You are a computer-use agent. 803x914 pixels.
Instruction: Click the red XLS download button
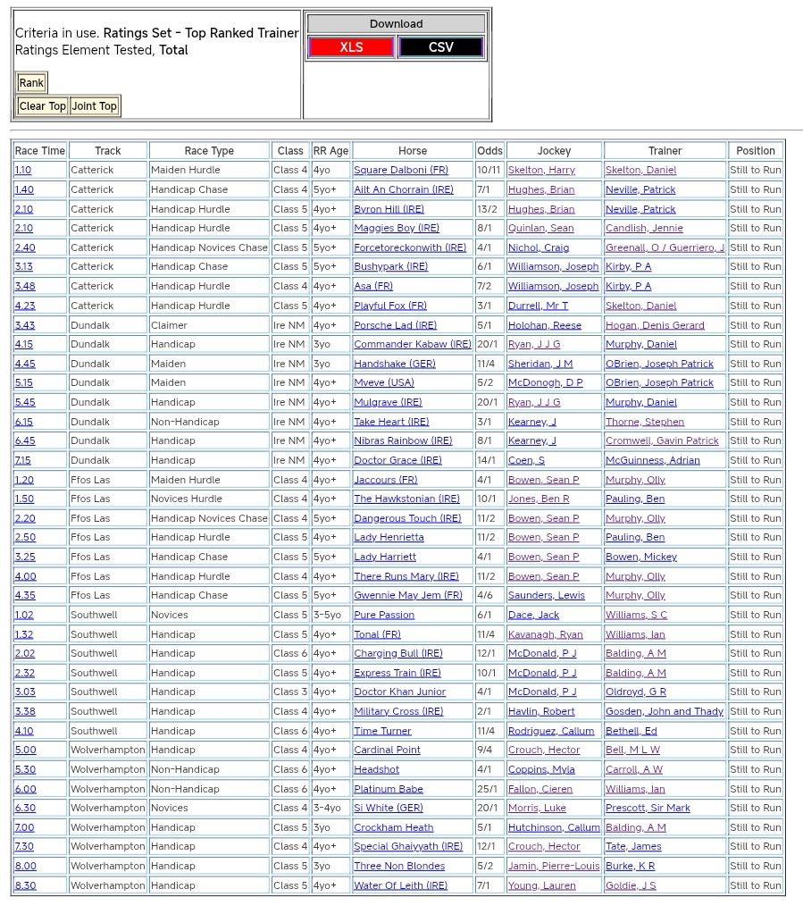tap(351, 47)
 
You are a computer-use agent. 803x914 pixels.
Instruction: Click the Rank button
tap(31, 83)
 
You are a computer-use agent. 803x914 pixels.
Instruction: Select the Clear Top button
tap(43, 106)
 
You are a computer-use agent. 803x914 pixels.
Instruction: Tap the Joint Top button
tap(95, 106)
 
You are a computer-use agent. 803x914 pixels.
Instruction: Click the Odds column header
tap(489, 151)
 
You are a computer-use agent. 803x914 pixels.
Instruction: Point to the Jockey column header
tap(554, 151)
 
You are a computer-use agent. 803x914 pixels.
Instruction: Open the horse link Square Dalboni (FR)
tap(401, 170)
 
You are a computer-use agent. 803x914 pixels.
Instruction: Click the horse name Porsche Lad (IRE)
tap(395, 325)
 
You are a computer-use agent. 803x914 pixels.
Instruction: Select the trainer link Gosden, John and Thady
tap(665, 711)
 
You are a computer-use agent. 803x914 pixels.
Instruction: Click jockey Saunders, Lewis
tap(547, 595)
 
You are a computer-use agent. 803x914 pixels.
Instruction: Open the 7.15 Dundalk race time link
tap(23, 460)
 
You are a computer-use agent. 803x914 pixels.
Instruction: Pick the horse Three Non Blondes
tap(399, 866)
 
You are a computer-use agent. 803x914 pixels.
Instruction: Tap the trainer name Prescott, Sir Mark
tap(648, 808)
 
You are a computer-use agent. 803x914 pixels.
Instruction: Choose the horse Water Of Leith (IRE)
tap(400, 885)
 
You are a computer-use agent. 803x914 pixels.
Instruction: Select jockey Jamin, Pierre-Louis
tap(554, 866)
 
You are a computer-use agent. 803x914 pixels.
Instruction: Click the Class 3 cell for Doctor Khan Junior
tap(290, 692)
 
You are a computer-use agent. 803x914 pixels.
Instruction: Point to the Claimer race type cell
tap(170, 325)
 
